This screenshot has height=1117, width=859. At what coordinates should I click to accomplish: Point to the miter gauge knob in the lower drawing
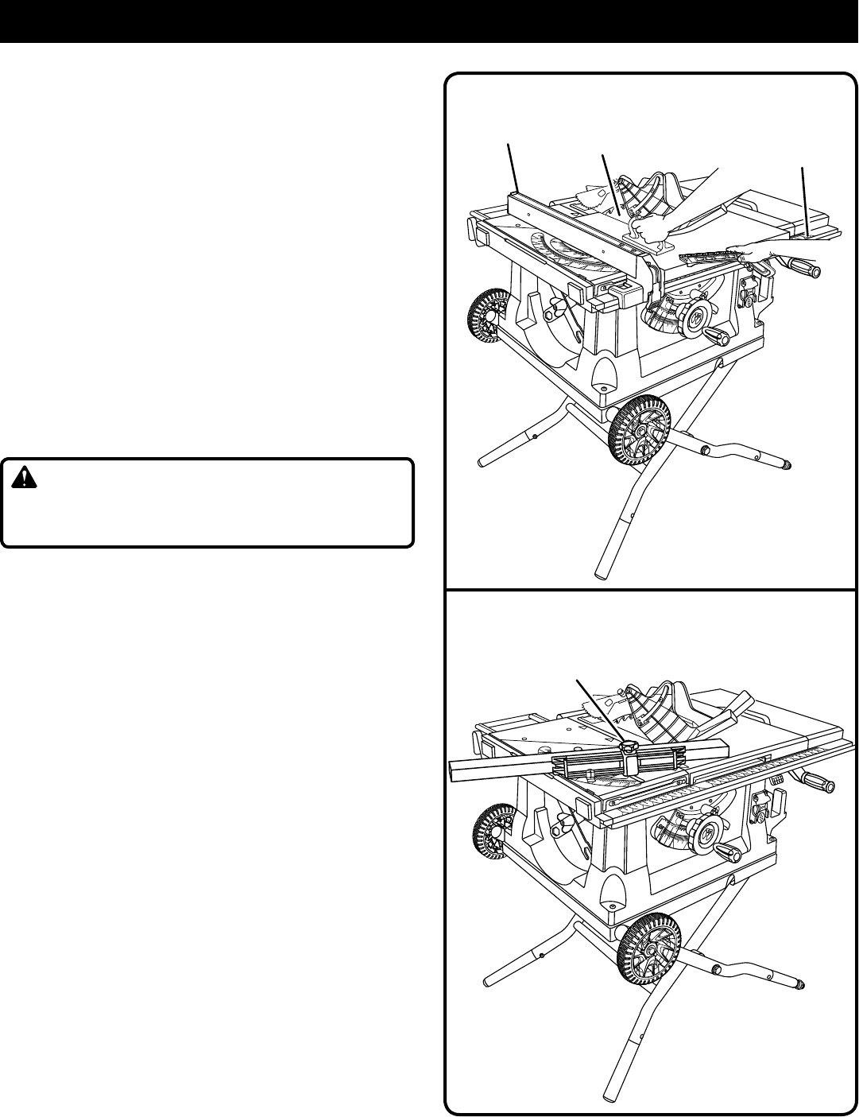[630, 747]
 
